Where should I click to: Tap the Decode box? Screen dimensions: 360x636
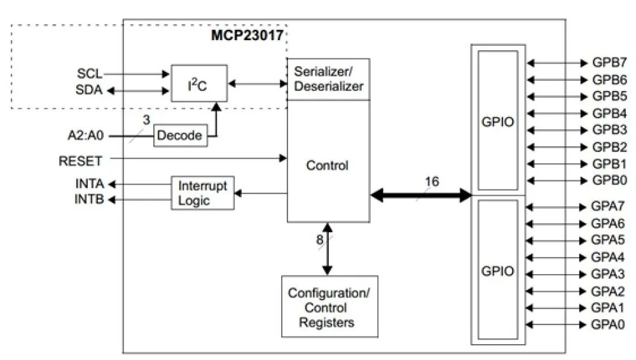point(181,135)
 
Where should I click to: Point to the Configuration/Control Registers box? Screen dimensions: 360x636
point(329,308)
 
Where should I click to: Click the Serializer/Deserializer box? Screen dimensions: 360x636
point(328,78)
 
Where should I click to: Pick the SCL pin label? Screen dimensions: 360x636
point(90,74)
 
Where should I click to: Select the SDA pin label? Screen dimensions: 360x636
point(89,90)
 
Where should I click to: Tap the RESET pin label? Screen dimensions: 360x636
point(81,162)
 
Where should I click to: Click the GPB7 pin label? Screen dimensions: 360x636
point(609,63)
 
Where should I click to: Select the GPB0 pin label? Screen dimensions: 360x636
point(609,179)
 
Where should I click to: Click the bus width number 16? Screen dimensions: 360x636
point(431,182)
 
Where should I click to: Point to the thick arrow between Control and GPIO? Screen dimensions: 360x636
point(420,196)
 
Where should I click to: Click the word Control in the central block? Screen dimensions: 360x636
point(328,166)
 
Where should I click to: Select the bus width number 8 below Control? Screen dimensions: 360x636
point(320,240)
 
